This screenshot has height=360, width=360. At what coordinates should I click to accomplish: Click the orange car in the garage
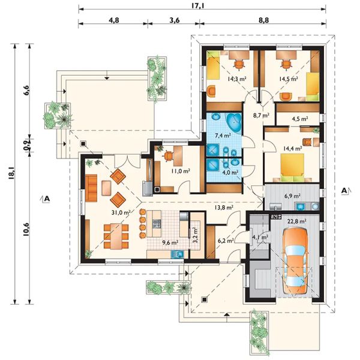coord(295,260)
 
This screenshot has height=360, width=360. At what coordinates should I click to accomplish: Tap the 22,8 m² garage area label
coord(296,221)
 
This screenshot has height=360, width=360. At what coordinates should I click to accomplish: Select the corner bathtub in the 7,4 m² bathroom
coord(234,122)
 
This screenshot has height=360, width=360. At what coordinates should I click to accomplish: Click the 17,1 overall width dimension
coord(198,5)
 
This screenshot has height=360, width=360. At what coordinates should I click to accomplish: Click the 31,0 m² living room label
coord(121,212)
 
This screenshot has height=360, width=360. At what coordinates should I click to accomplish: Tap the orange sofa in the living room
coord(91,188)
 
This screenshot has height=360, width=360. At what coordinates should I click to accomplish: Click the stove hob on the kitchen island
coord(157,223)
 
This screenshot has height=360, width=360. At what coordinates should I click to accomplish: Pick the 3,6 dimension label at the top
coord(174,20)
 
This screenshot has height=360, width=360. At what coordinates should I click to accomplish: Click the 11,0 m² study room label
coord(181,171)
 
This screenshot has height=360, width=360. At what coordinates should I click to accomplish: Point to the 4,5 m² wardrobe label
coord(300,119)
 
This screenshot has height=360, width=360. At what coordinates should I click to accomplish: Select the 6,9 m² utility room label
coord(293,196)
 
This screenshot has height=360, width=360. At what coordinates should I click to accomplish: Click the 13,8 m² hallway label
coord(224,208)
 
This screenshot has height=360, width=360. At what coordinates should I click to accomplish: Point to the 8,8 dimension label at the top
coord(263,20)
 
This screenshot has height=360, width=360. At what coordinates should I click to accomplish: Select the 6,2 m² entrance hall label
coord(226,240)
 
